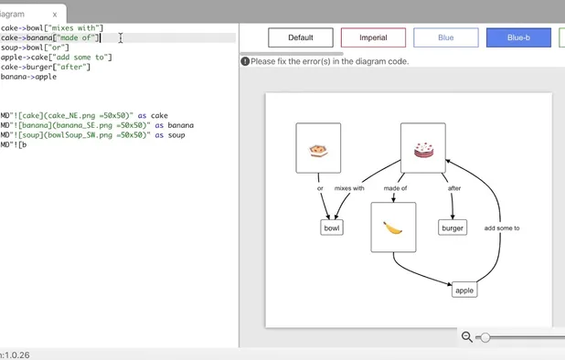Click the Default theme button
pyautogui.click(x=301, y=37)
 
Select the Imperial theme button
pyautogui.click(x=373, y=37)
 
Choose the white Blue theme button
pyautogui.click(x=445, y=37)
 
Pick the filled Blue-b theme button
pyautogui.click(x=518, y=37)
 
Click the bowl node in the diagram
pyautogui.click(x=332, y=228)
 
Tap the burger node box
pyautogui.click(x=453, y=228)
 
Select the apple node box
pyautogui.click(x=464, y=290)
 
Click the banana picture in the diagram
pyautogui.click(x=393, y=228)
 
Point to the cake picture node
pyautogui.click(x=423, y=148)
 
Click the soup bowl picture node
pyautogui.click(x=318, y=148)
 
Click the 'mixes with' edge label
pyautogui.click(x=349, y=188)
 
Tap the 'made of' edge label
pyautogui.click(x=395, y=188)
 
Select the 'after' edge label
pyautogui.click(x=454, y=188)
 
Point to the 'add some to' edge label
pyautogui.click(x=502, y=228)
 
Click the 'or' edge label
pyautogui.click(x=320, y=188)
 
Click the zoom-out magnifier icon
pyautogui.click(x=467, y=337)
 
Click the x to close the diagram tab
pyautogui.click(x=54, y=15)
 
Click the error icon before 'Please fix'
pyautogui.click(x=245, y=61)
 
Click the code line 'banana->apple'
pyautogui.click(x=28, y=77)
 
